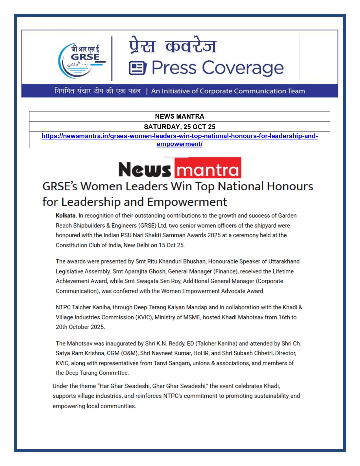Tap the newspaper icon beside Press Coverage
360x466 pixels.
[x=138, y=68]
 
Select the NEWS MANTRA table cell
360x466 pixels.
[x=180, y=116]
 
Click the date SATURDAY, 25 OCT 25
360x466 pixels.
[x=180, y=127]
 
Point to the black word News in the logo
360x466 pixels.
[x=145, y=169]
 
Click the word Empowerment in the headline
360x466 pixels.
[x=187, y=202]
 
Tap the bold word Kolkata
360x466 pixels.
[x=66, y=215]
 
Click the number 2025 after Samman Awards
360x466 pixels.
[x=214, y=235]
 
